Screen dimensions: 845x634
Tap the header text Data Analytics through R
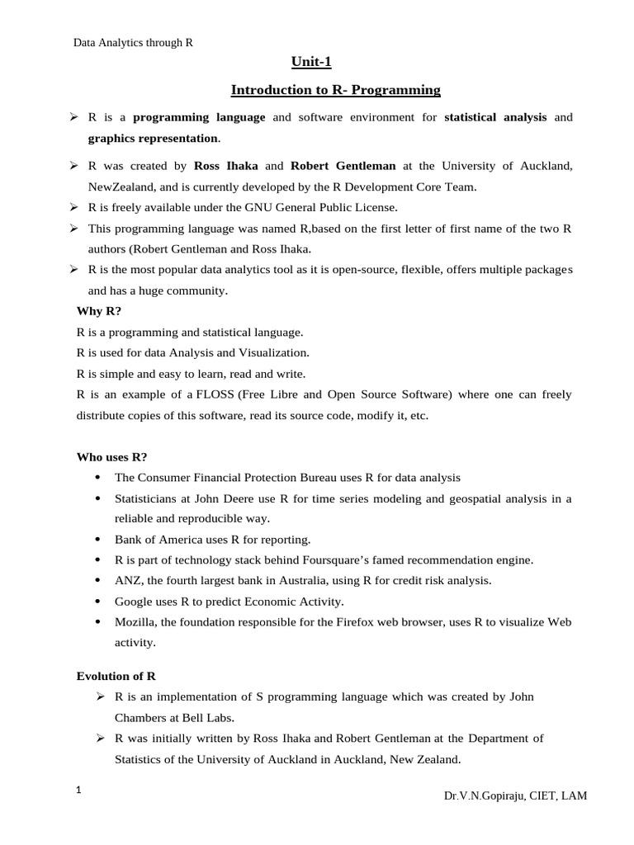(134, 42)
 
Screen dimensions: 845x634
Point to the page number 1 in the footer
(78, 791)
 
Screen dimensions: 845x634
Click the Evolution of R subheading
(116, 676)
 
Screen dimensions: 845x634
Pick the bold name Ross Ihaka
(225, 166)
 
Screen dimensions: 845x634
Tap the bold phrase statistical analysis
(495, 117)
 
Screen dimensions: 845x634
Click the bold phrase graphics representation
(154, 139)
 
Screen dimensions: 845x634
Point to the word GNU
(268, 206)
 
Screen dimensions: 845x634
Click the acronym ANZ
(128, 580)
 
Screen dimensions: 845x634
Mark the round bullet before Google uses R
(97, 601)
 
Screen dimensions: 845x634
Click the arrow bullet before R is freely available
(73, 206)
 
